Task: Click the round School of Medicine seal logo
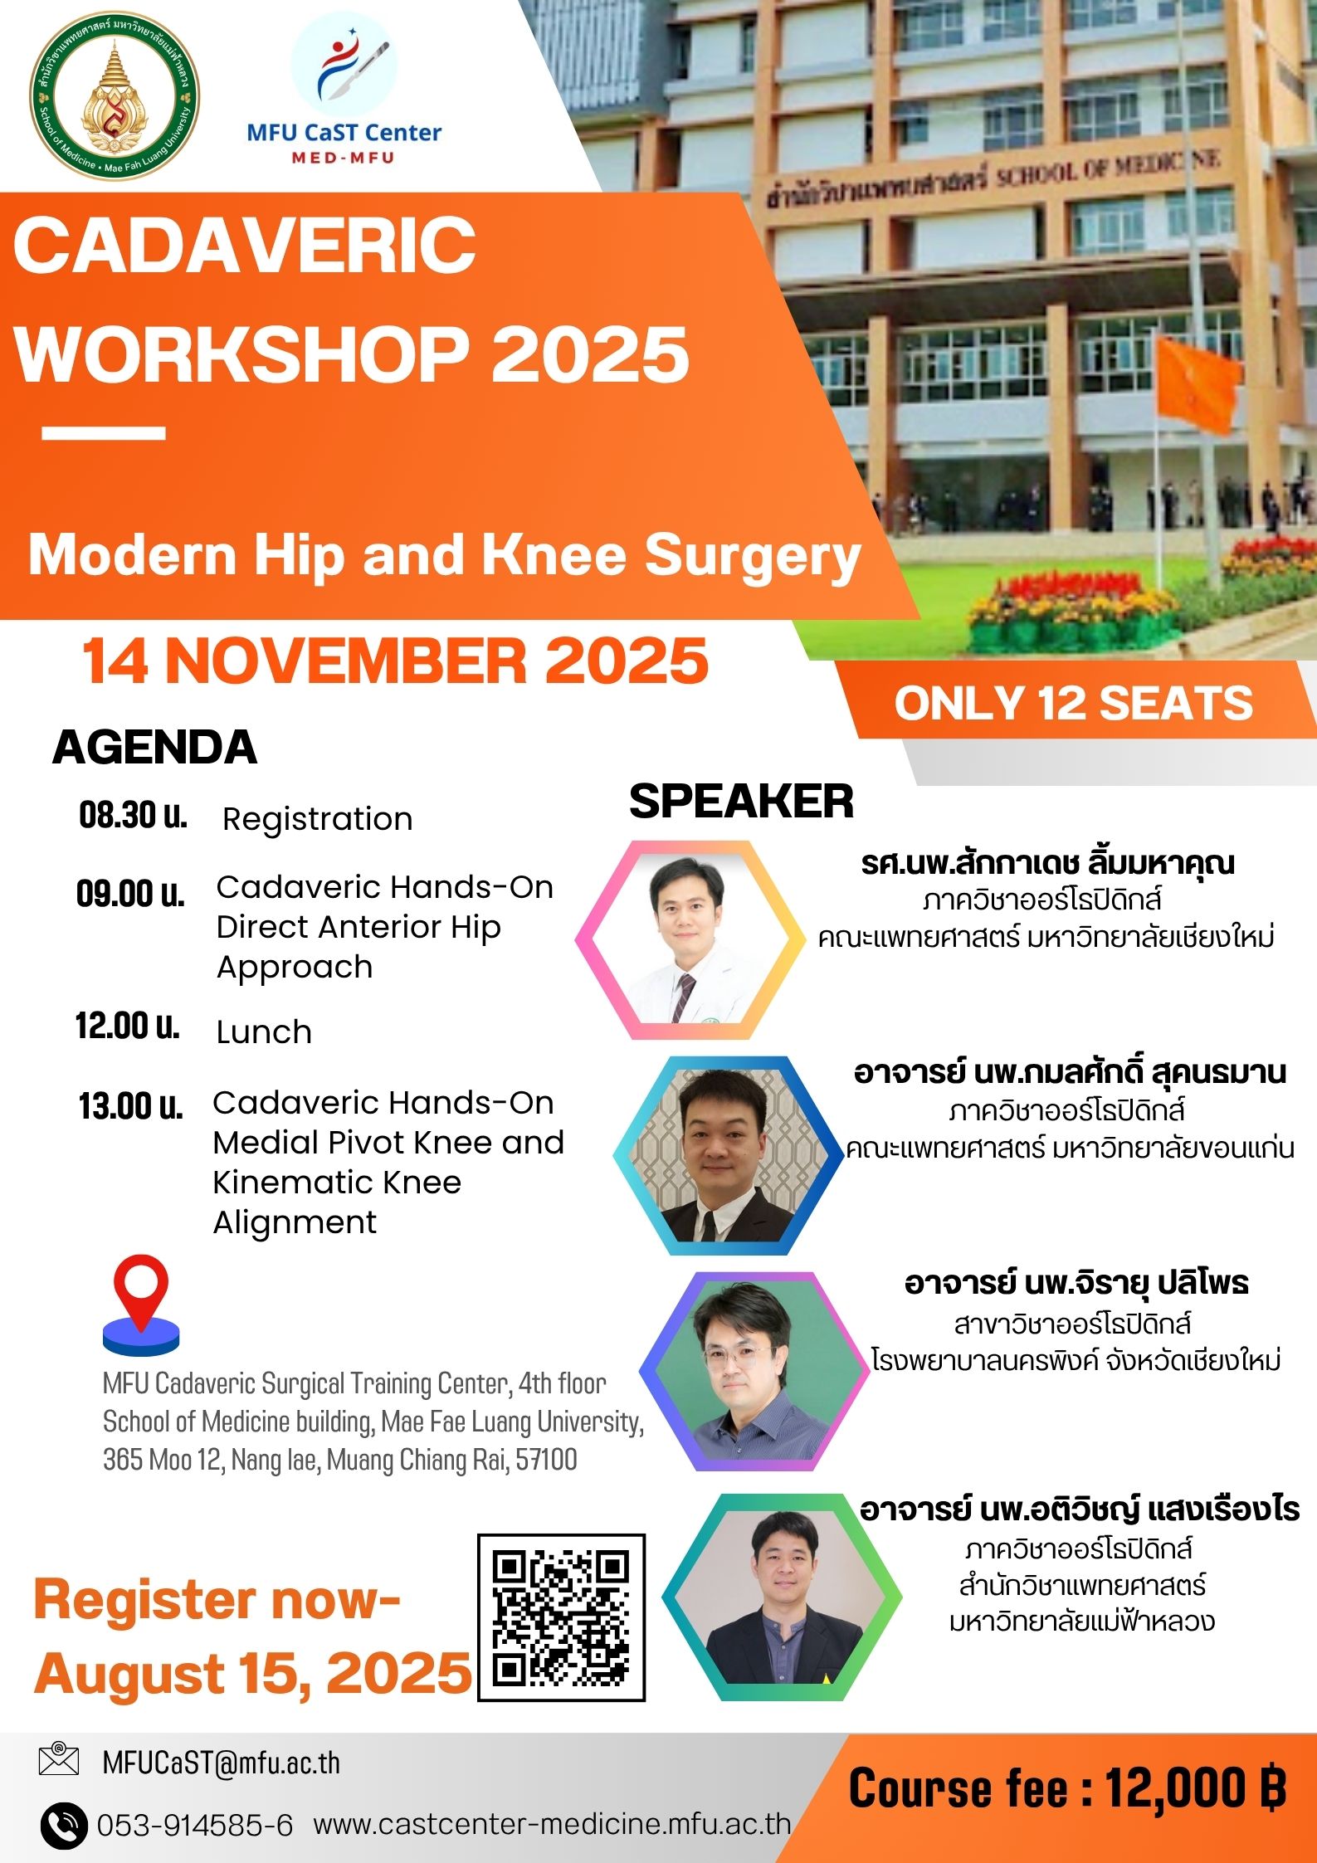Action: (x=115, y=95)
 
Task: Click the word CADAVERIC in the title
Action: (x=245, y=245)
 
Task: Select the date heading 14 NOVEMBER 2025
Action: (x=395, y=661)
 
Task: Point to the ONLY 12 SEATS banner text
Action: (x=1073, y=703)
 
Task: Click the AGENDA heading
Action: (x=154, y=747)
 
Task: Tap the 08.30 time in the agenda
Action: (x=133, y=816)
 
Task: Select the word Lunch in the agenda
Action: (x=264, y=1031)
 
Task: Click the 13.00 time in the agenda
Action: (x=131, y=1106)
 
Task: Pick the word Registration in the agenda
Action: (x=318, y=819)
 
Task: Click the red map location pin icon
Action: (x=141, y=1305)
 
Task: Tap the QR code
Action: (x=561, y=1617)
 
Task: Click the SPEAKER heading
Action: (x=741, y=802)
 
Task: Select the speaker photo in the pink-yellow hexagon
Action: (x=691, y=939)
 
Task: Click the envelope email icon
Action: (x=59, y=1759)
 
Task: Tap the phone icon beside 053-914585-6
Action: (x=63, y=1825)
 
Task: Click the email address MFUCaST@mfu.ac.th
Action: (x=222, y=1763)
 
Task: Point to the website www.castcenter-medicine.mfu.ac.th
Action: (x=552, y=1824)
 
